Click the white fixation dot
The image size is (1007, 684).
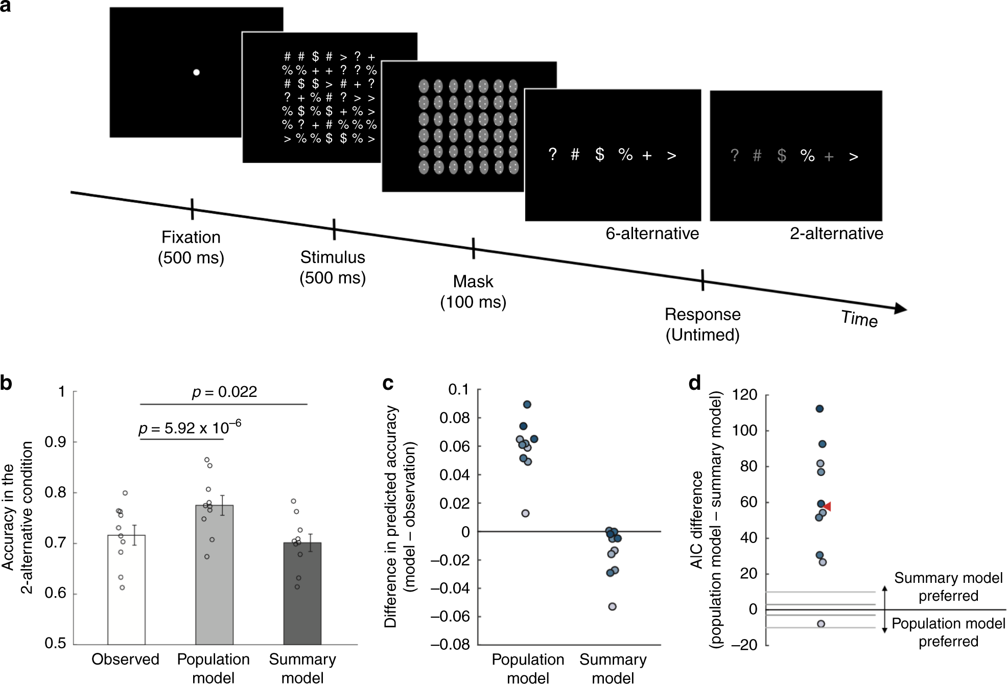pos(196,72)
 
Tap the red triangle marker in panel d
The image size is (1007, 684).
pos(827,506)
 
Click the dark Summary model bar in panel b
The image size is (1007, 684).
pos(302,593)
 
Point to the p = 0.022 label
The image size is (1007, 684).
pos(224,392)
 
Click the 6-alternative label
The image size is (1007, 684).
pos(652,233)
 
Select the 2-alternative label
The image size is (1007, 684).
pos(836,233)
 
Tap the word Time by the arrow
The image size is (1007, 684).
pos(859,319)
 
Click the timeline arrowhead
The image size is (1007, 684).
pos(901,309)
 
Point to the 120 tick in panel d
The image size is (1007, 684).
pos(744,394)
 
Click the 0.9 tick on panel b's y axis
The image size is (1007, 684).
pos(55,442)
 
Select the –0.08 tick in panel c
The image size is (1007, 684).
pos(450,644)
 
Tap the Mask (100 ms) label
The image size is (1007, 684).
pos(473,292)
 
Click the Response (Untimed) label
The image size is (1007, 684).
pos(702,324)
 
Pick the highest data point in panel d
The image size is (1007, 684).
pos(819,409)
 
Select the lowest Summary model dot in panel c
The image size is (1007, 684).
pos(612,607)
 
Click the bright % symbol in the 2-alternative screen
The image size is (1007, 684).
pos(807,155)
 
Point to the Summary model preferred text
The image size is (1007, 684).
pos(948,586)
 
